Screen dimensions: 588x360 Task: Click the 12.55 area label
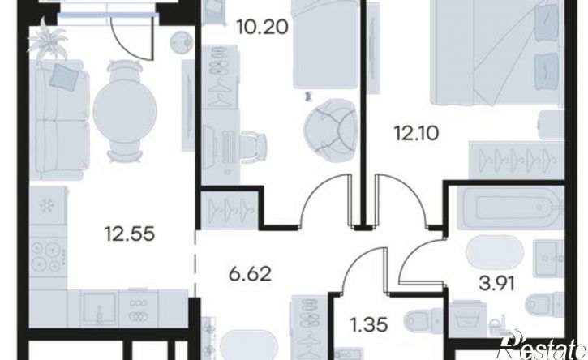tap(130, 234)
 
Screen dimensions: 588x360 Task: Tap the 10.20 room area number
tap(263, 27)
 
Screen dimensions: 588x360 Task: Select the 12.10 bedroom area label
tap(416, 133)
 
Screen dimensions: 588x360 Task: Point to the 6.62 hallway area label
tap(250, 274)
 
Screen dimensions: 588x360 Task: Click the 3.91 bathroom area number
tap(497, 284)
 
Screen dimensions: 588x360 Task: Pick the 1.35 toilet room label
tap(370, 325)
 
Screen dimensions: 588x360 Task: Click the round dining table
tap(125, 110)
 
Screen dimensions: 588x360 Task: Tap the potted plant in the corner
tap(48, 41)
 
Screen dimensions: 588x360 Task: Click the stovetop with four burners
tap(48, 257)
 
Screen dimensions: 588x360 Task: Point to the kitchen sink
tap(99, 308)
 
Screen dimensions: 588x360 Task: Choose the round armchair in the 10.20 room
tap(330, 131)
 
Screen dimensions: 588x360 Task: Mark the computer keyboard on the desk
tap(229, 145)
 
